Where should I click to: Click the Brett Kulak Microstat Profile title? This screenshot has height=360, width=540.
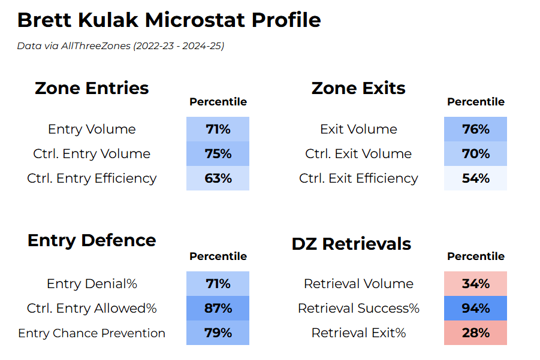169,20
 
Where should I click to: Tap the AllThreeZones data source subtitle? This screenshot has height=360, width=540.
120,46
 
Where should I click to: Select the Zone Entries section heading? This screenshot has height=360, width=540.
92,88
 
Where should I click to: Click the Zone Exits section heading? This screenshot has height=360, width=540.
358,88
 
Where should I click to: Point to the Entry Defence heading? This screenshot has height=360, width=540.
92,240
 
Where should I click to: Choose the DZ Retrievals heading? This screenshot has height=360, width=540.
351,244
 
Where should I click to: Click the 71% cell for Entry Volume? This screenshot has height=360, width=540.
218,129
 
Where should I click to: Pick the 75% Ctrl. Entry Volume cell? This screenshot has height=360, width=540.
218,154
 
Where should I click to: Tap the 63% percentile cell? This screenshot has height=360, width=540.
218,179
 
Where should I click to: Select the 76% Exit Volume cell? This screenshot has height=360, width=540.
475,129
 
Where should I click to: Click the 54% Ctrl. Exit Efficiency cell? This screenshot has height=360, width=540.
475,179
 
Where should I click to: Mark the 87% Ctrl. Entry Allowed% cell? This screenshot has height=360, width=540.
218,308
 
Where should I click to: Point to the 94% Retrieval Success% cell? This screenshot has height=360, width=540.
475,308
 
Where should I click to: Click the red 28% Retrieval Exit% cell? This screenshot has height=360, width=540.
475,333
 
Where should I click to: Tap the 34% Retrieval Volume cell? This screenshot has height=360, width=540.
475,284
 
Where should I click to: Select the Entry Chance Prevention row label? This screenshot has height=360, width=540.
92,333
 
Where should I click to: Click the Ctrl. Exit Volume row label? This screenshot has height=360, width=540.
358,154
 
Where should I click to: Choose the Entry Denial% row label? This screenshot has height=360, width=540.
92,284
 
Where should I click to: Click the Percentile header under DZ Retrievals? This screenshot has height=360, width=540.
475,256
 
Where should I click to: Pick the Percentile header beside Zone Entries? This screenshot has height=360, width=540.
218,102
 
